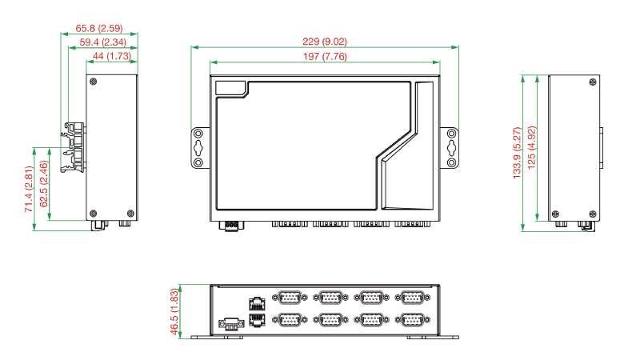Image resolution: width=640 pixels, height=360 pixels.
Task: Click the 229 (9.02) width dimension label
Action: point(325,42)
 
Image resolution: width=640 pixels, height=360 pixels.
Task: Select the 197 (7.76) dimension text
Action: point(325,56)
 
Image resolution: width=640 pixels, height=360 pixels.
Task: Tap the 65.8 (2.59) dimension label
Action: point(99,28)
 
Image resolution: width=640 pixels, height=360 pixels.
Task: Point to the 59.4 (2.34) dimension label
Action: point(103,42)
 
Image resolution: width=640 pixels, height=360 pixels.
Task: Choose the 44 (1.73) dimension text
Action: point(112,56)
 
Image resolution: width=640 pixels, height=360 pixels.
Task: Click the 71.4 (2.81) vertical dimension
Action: point(28,189)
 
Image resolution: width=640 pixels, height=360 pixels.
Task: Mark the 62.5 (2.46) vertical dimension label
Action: point(44,184)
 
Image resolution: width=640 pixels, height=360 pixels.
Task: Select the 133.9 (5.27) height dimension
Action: point(517,153)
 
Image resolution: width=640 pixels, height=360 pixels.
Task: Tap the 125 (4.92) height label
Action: point(531,148)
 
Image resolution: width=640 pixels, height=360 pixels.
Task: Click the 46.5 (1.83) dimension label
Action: point(174,312)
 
